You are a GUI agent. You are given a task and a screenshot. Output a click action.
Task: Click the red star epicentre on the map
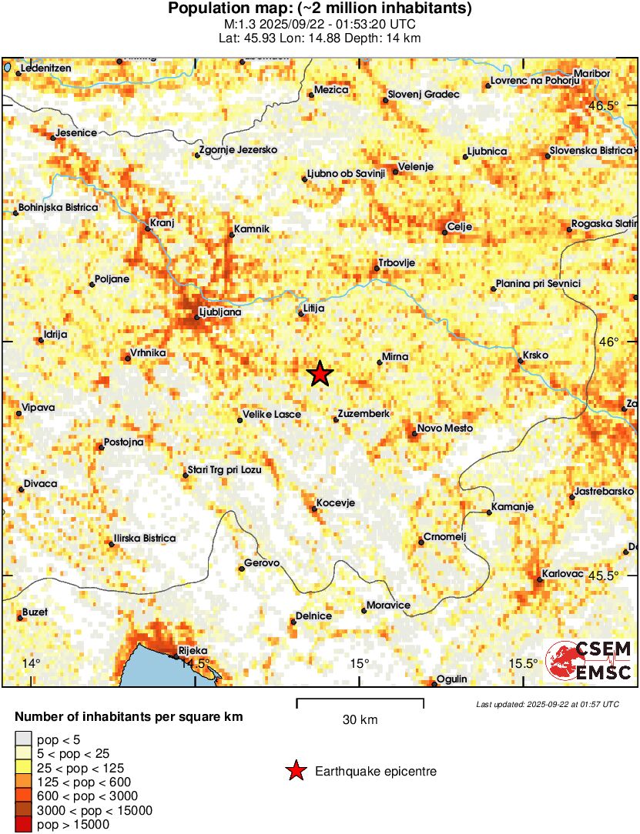320,374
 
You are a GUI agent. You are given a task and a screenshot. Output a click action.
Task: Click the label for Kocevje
336,502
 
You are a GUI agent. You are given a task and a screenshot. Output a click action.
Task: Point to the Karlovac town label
564,574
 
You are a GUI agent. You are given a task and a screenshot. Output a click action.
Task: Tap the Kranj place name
163,223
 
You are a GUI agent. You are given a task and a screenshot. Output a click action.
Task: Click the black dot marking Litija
301,314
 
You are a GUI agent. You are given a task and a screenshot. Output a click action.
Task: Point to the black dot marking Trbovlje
377,269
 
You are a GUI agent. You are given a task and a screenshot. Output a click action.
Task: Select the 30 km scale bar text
360,720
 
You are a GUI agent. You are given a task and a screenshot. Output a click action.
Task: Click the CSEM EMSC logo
589,660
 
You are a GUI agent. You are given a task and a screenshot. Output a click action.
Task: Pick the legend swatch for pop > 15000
24,825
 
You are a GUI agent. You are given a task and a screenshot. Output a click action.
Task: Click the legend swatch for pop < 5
24,739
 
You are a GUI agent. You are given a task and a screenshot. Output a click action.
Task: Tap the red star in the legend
295,771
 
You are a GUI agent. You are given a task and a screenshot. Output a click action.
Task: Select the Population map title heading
320,9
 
